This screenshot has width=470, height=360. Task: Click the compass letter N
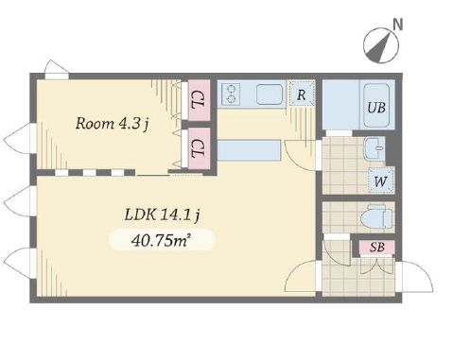[398, 25]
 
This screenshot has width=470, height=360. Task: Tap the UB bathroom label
[376, 108]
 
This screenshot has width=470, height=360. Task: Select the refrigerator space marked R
[302, 94]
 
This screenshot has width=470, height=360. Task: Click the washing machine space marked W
[381, 180]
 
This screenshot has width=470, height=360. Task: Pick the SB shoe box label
[377, 248]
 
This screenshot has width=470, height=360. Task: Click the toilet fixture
[375, 216]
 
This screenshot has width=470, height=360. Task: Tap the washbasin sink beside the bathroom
[374, 148]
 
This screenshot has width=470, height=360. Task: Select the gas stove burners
[231, 94]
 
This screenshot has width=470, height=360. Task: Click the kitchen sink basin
[270, 94]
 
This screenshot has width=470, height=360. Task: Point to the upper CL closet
[200, 100]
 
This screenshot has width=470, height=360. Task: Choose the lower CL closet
[200, 148]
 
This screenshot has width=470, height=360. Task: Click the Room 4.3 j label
[113, 124]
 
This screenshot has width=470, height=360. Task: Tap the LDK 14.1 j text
[162, 215]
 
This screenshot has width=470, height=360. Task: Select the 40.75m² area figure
[162, 241]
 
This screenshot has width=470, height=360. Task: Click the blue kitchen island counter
[249, 150]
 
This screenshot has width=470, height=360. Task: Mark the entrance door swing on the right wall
[415, 277]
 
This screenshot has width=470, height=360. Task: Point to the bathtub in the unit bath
[376, 106]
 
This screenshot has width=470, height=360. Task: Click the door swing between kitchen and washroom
[302, 155]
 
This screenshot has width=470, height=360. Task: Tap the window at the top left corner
[57, 69]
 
